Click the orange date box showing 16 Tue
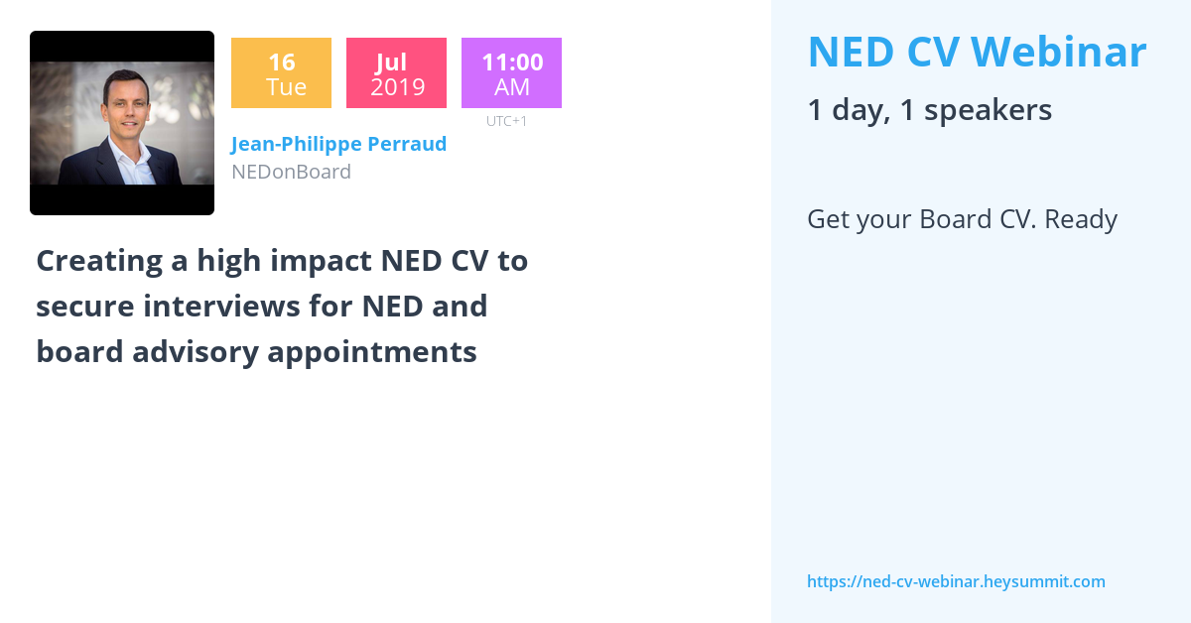tap(281, 72)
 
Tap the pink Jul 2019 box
tap(396, 72)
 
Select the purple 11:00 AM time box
tap(511, 72)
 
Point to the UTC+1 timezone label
tap(506, 121)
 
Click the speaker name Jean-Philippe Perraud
tap(338, 144)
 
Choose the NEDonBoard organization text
tap(291, 172)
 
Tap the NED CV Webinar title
tap(977, 52)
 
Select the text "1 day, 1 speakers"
tap(929, 109)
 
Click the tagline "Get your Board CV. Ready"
tap(962, 219)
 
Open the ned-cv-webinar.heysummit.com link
tap(956, 581)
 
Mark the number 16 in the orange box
tap(281, 62)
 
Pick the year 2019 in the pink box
tap(397, 87)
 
